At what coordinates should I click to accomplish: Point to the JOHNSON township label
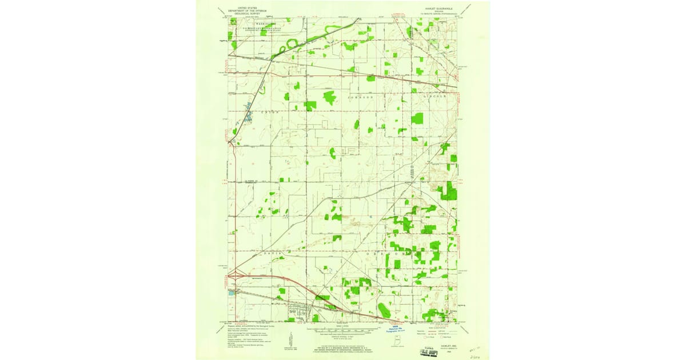click(x=360, y=98)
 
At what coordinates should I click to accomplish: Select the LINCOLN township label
click(x=434, y=97)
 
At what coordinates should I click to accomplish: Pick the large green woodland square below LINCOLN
click(x=417, y=118)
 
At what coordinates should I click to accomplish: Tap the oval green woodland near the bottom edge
click(x=384, y=310)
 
